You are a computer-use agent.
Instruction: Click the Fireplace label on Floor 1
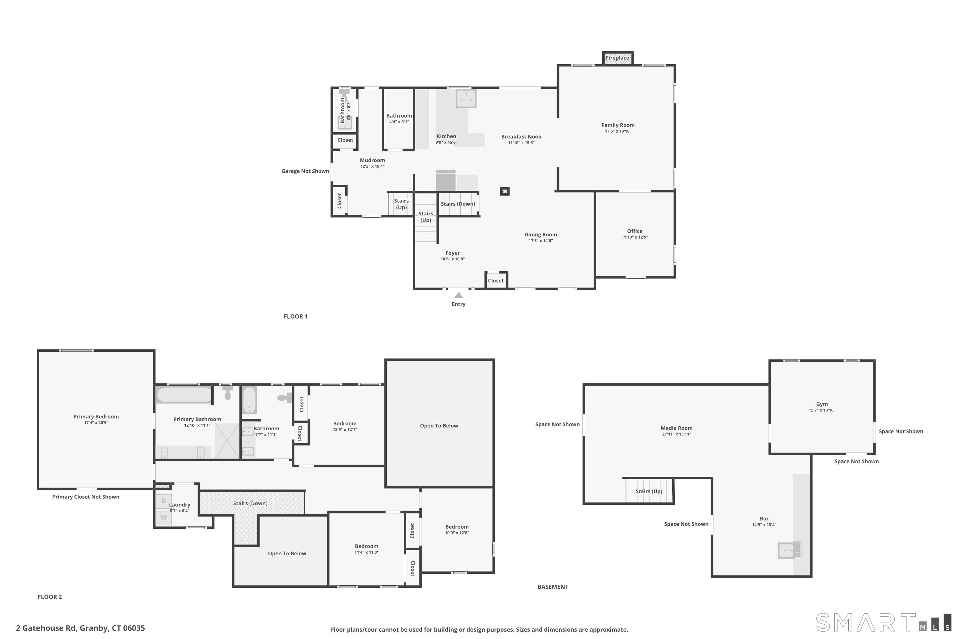click(617, 58)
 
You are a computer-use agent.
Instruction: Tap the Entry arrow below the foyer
click(459, 295)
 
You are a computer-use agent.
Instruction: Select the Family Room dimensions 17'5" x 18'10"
click(618, 131)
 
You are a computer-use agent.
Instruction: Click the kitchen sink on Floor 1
click(466, 99)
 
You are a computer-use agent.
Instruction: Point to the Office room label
click(635, 231)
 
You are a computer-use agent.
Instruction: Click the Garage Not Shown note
click(305, 171)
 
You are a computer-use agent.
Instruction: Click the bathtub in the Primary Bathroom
click(185, 395)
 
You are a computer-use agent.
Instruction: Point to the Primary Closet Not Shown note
click(86, 497)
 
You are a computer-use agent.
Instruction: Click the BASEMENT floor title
click(553, 587)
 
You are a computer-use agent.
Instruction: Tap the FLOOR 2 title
click(50, 597)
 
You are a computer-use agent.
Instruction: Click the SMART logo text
click(866, 623)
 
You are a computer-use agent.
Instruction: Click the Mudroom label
click(372, 160)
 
